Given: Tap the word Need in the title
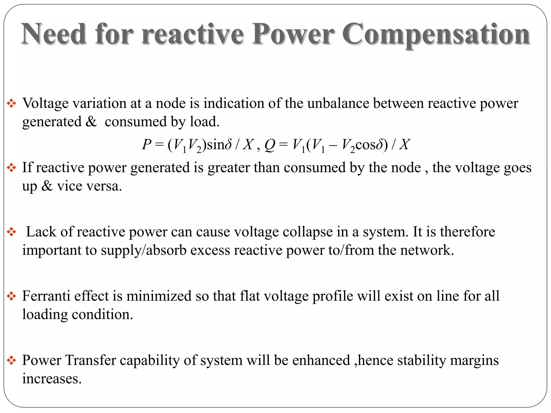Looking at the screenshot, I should (x=54, y=34).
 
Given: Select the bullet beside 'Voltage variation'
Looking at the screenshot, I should (x=12, y=104).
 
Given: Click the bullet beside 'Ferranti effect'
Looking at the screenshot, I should (x=12, y=296).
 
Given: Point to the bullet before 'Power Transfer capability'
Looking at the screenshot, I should (x=12, y=361).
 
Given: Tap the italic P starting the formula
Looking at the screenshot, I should (x=147, y=144).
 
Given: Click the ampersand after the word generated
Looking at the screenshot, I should (x=91, y=122).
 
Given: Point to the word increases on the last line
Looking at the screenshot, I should (x=52, y=379).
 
